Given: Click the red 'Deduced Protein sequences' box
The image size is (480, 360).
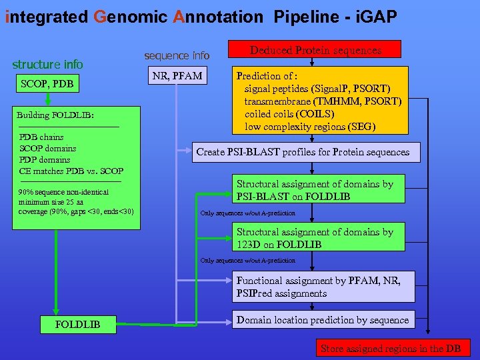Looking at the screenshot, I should point(315,50).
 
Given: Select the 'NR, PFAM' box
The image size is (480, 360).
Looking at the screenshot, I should point(177,76).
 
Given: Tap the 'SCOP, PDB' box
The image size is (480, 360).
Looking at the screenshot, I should point(47,83).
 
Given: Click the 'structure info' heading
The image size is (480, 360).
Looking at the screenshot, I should point(48,65).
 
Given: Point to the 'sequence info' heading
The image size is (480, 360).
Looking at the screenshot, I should point(177,55).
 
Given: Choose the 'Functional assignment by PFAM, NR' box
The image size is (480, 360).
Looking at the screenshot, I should point(323,287).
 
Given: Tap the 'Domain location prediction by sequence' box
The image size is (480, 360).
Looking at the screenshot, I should point(323,320).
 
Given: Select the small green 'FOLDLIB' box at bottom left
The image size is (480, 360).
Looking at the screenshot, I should point(78,324).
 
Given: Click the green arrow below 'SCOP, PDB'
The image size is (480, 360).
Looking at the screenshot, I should point(47,99).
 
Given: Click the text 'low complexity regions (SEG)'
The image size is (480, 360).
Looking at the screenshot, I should point(310,127).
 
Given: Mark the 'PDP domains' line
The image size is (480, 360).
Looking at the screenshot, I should point(45,160).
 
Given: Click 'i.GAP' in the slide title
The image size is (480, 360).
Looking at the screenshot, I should point(374,17).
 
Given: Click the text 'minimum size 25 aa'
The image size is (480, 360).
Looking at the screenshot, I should point(51,202).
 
